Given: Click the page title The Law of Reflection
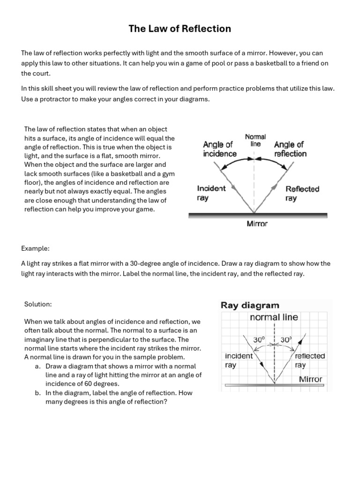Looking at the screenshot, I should [x=180, y=29].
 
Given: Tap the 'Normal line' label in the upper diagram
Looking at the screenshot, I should [x=255, y=140].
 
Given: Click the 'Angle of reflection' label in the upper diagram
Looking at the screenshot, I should [x=290, y=149].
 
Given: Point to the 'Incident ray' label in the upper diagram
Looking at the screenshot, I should [x=211, y=193].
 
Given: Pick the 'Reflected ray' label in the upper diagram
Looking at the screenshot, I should [x=302, y=194].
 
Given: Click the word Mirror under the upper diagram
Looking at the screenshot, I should [x=257, y=224].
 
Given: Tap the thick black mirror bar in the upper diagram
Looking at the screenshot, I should [x=257, y=215].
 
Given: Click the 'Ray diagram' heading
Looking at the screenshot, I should [x=250, y=306].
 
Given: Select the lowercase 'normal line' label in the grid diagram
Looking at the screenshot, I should [x=274, y=317].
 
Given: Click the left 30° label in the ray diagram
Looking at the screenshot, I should [x=259, y=339].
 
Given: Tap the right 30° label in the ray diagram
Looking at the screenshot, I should [x=286, y=339].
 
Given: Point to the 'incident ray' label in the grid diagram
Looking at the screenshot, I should [x=239, y=360].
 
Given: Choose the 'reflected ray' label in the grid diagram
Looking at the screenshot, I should [x=309, y=360].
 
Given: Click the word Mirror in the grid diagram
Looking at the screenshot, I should [x=310, y=379].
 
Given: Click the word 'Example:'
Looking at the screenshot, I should [x=35, y=247].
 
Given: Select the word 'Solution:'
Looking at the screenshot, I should [x=37, y=304].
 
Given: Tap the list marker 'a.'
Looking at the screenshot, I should [x=37, y=366].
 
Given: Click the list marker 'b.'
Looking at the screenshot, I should [x=37, y=393].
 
